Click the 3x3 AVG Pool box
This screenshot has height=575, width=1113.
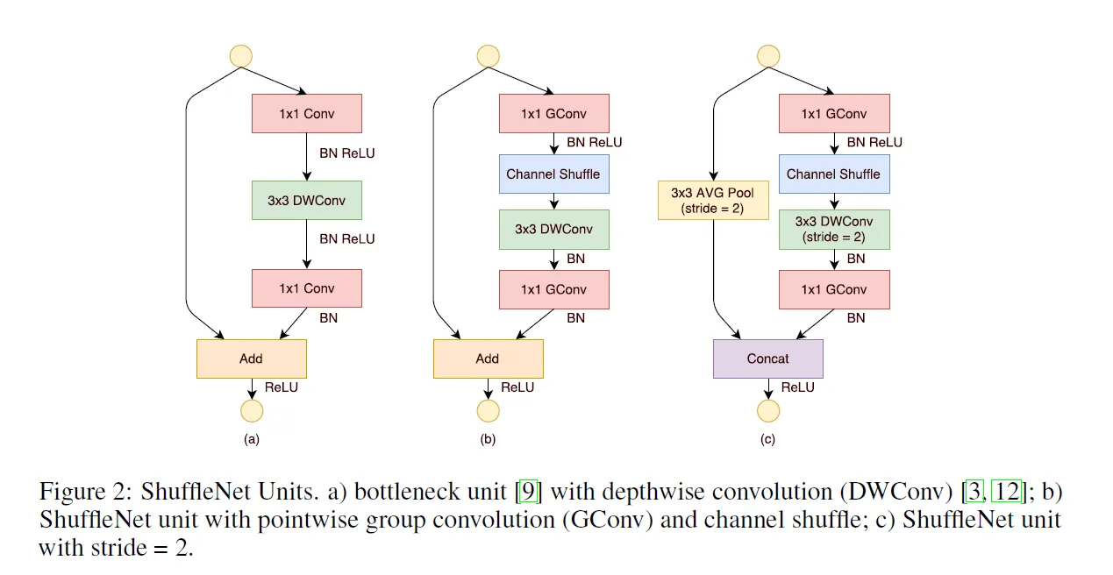tap(713, 200)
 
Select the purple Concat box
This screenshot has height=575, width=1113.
tap(768, 358)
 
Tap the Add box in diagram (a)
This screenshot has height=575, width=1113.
tap(252, 358)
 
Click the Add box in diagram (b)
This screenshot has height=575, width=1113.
tap(488, 358)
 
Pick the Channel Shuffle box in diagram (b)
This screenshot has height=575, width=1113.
tap(554, 174)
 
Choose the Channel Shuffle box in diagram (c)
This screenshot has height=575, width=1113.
tap(834, 174)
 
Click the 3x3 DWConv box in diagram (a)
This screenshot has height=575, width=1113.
tap(307, 200)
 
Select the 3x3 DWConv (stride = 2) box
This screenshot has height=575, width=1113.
tap(834, 230)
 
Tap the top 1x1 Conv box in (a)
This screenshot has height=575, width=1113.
tap(307, 113)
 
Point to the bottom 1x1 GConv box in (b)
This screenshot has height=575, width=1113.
tap(554, 289)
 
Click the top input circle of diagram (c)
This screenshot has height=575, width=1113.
tap(768, 55)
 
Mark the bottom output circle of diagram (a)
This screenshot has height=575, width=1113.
tap(252, 411)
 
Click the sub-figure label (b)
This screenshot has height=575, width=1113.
tap(488, 439)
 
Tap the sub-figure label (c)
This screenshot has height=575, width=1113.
tap(767, 439)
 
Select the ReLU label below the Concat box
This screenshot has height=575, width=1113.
tap(797, 387)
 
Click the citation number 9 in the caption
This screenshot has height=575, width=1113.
tap(528, 492)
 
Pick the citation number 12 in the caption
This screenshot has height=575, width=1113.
tap(1007, 492)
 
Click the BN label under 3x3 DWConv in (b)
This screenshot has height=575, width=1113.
tap(576, 259)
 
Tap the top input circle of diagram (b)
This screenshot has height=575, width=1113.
tap(488, 55)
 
